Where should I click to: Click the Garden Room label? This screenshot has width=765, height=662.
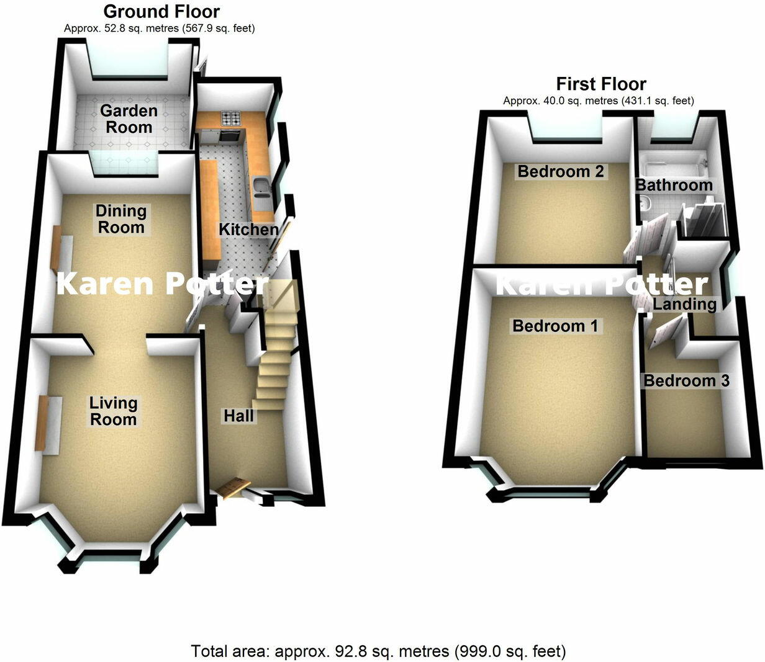point(129,119)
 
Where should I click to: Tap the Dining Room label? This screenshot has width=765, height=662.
point(121,219)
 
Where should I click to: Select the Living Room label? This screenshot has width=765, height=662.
point(113,411)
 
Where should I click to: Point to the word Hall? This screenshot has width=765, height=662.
point(239,416)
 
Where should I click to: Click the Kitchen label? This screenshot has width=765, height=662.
point(248,230)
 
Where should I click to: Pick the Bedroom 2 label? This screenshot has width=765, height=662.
point(561,171)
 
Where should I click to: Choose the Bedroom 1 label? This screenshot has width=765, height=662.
point(556,326)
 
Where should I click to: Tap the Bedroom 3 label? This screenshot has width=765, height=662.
point(686,380)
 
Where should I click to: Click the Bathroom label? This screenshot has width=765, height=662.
point(674,185)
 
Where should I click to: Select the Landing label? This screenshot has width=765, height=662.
point(685,304)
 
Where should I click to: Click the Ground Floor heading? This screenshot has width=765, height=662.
point(161,11)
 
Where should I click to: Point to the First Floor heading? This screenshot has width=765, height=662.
point(601,84)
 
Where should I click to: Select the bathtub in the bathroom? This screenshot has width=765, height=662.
point(673,164)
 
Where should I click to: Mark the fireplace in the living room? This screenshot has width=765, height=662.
point(42,424)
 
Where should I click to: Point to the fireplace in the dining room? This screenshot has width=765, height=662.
point(57,246)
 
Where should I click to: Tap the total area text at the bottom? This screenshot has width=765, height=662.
point(379,651)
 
